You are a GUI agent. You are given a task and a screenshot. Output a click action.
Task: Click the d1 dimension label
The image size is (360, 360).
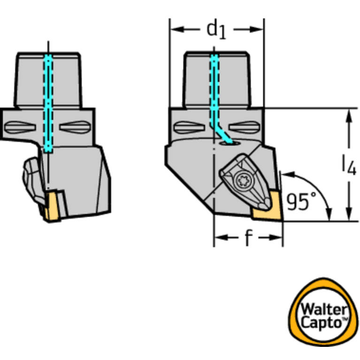pos(216,31)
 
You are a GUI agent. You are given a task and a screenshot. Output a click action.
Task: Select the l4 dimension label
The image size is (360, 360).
pos(349,165)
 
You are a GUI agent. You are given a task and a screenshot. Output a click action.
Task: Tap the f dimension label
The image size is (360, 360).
pos(249,237)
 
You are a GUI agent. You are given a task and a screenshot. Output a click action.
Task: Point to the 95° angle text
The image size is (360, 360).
pos(301,201)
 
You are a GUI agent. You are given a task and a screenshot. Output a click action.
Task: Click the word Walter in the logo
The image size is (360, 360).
pos(323,310)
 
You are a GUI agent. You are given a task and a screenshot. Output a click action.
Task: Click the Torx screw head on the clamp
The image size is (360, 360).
pos(244,181)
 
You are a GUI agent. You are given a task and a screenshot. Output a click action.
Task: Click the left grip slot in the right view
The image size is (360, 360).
pos(189,127)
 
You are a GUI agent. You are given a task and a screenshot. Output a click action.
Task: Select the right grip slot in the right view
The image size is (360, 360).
pos(244,127)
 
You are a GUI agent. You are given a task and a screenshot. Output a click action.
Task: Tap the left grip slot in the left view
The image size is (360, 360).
pos(20,127)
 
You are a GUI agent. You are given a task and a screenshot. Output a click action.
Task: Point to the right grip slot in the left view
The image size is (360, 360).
pos(75,127)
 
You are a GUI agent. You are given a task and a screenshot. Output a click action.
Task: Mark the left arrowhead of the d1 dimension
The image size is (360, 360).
pos(177,30)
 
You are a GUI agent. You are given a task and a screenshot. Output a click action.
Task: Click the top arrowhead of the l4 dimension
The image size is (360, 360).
pos(349,116)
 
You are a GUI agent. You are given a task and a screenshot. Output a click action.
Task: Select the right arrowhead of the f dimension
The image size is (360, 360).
pos(276,237)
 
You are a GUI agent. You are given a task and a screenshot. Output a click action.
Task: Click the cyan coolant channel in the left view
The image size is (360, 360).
pos(48,103)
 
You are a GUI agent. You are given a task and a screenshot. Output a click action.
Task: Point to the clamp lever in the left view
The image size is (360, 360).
pos(33,181)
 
